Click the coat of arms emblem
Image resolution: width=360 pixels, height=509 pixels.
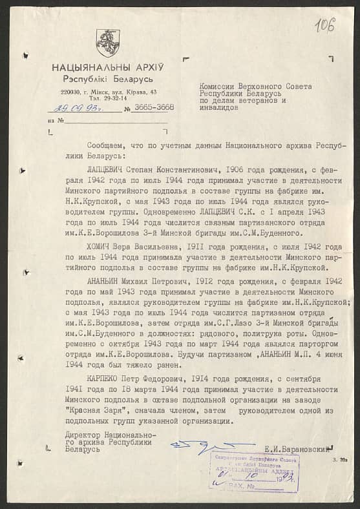point(108,43)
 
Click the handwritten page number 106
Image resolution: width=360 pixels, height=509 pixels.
point(324,25)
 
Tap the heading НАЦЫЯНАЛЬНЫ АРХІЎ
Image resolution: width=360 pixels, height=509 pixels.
point(108,67)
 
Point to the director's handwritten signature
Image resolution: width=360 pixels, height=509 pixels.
point(202,446)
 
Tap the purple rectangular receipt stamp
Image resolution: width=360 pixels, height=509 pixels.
point(254,472)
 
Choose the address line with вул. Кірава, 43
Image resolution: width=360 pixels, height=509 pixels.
point(108,92)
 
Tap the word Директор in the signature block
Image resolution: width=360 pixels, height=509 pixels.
point(84,435)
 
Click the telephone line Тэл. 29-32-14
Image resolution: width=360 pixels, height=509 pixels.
point(107,99)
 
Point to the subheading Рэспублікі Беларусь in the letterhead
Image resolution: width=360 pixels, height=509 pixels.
point(107,78)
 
